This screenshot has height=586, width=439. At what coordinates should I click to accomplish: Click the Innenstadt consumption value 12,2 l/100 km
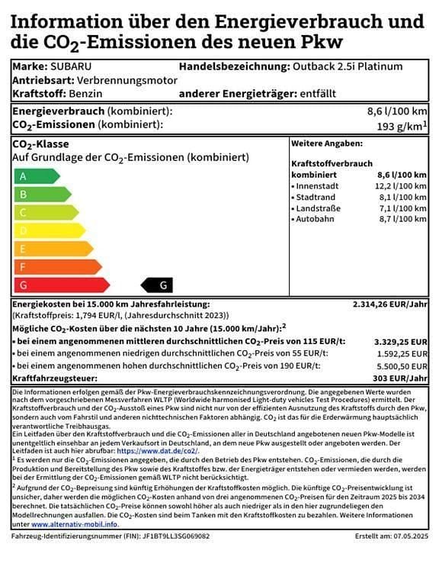(401, 186)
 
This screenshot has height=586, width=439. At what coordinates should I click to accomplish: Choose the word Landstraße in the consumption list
(319, 208)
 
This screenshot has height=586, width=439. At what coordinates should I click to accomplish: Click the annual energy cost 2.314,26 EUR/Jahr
(389, 304)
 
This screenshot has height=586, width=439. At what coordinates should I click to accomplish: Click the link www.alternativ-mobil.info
(75, 524)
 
